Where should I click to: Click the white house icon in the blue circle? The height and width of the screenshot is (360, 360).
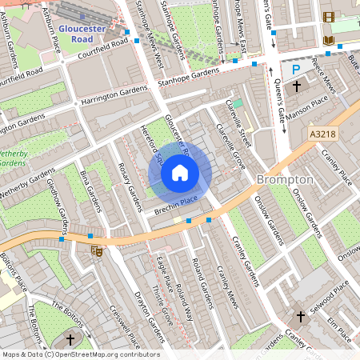click(x=180, y=172)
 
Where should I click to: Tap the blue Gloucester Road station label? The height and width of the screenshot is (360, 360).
click(x=83, y=31)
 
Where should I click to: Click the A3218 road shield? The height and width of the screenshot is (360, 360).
click(x=323, y=137)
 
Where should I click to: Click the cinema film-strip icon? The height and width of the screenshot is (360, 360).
click(x=327, y=16)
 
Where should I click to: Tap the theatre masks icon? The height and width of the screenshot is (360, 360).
click(x=97, y=251)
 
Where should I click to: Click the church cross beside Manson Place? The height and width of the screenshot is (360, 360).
click(x=296, y=85)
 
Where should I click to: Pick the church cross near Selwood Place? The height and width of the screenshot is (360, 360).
click(x=301, y=317)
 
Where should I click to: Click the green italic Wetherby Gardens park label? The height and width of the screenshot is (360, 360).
click(x=18, y=157)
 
